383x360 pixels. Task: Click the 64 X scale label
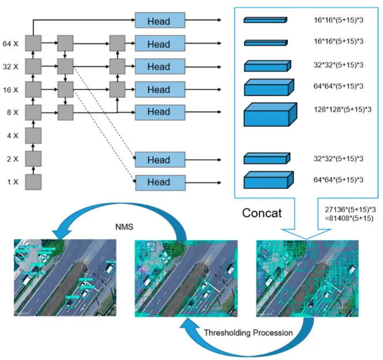tap(11, 43)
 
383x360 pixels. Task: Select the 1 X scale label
tap(11, 182)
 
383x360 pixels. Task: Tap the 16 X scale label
tap(11, 89)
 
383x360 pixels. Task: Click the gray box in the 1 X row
tap(34, 182)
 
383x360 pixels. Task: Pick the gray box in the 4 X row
tap(34, 136)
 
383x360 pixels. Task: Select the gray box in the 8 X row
tap(34, 112)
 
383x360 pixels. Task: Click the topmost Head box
tap(160, 20)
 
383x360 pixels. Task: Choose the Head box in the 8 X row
tap(160, 112)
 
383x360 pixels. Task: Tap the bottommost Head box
tap(160, 182)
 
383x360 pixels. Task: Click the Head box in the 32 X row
tap(160, 66)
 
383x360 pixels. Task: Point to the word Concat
tap(261, 213)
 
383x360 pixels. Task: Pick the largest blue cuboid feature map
tap(270, 114)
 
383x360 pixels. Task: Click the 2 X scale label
tap(11, 159)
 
